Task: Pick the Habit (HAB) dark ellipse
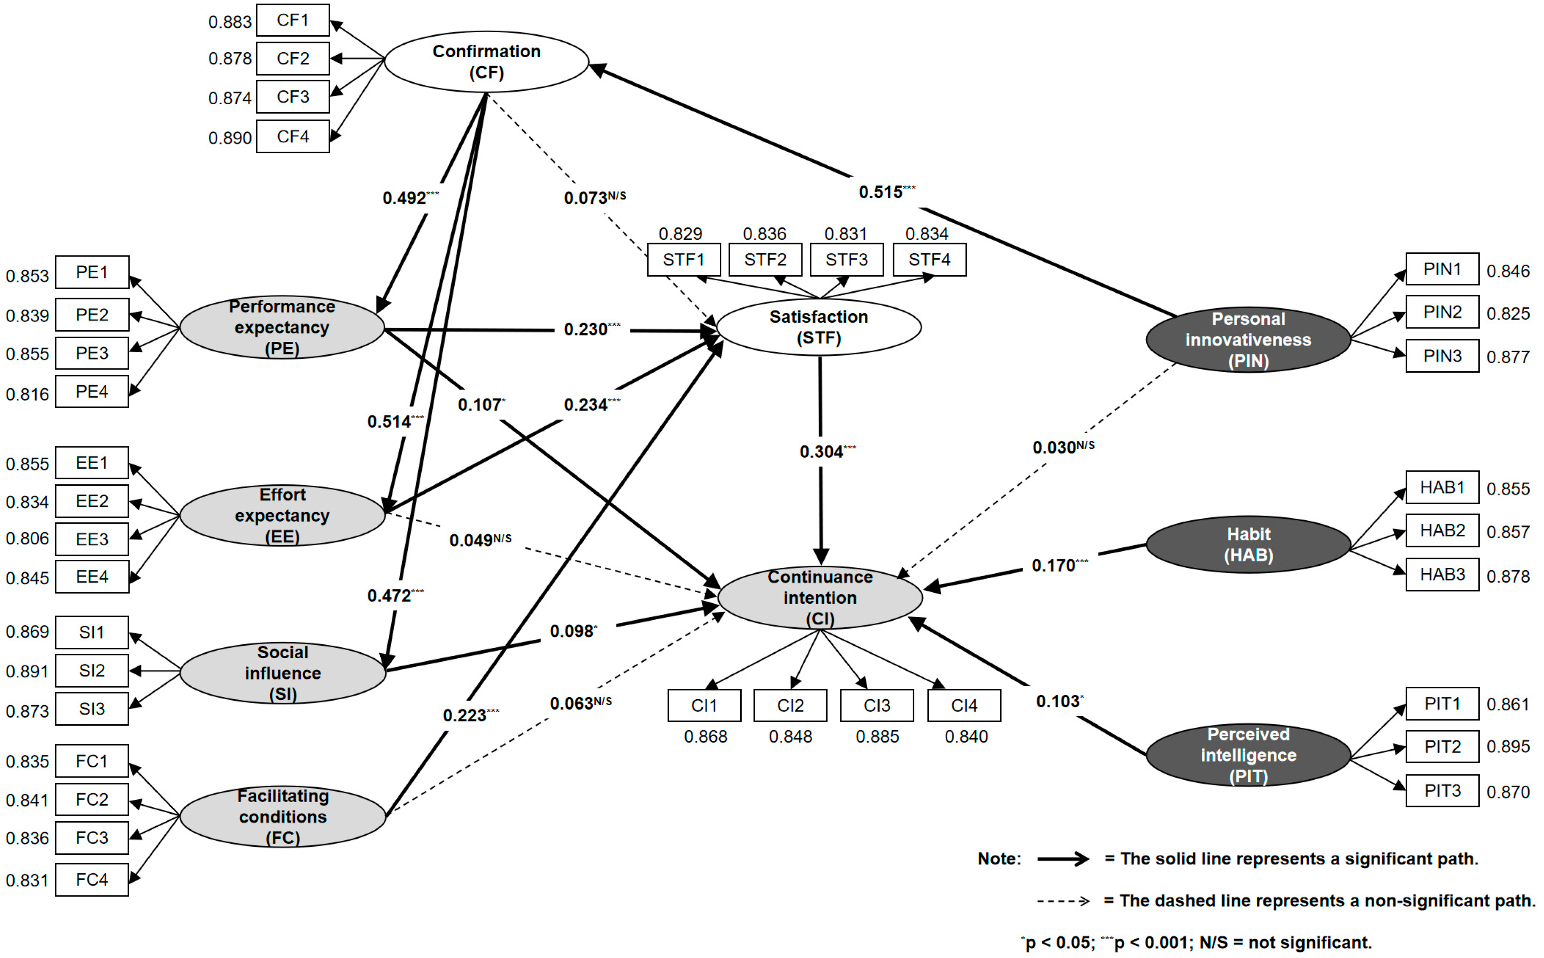1248,544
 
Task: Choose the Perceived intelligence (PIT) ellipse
1248,755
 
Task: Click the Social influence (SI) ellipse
282,673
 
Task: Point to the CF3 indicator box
293,97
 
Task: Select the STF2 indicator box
765,260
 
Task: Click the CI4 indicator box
964,705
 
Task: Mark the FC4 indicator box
92,879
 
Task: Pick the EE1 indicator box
92,462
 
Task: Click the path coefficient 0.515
880,192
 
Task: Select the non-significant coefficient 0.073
586,197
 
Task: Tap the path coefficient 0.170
1053,565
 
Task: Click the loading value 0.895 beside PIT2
1508,746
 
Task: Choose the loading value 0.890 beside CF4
230,138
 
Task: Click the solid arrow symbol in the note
1063,858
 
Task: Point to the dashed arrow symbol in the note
1063,901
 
